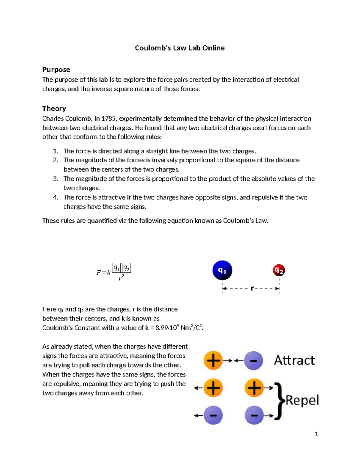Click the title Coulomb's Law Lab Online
(180, 48)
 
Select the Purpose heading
(56, 70)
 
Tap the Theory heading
(54, 108)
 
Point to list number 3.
(55, 179)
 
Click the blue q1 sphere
(222, 270)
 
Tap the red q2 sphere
(279, 270)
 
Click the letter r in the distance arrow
(252, 288)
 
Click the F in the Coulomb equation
(99, 273)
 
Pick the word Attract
(294, 360)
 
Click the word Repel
(302, 400)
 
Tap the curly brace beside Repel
(279, 401)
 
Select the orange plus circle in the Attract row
(213, 360)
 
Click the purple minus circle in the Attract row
(253, 360)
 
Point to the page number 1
(316, 434)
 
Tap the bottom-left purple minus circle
(213, 415)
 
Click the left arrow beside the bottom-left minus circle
(198, 416)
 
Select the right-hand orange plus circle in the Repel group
(254, 388)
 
